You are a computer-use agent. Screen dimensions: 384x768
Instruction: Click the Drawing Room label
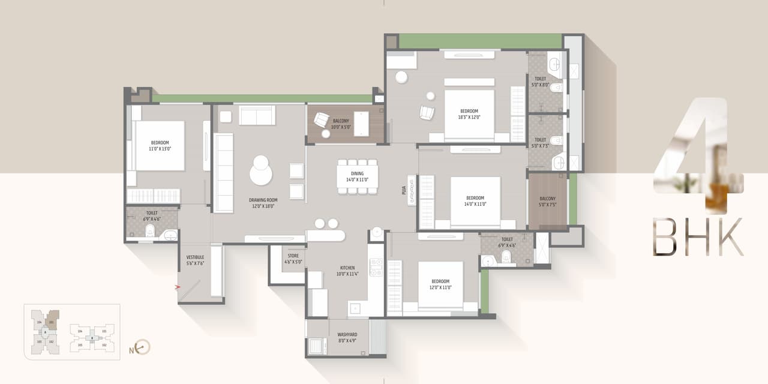[262, 203]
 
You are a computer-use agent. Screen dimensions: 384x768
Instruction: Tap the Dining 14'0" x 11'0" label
[358, 176]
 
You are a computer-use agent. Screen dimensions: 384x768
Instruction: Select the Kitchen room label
[347, 271]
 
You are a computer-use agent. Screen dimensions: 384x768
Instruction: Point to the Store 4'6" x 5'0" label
[293, 259]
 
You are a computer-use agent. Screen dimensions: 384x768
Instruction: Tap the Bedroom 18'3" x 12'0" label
[469, 114]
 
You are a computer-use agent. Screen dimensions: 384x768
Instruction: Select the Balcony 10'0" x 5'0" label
[341, 124]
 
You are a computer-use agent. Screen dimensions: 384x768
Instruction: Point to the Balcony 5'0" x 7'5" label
[547, 202]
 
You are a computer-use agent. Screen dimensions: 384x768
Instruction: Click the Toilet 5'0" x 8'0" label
[541, 82]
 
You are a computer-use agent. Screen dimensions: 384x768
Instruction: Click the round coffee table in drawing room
[261, 171]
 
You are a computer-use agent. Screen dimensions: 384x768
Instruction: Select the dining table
[358, 176]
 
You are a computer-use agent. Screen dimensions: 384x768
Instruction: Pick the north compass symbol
[142, 347]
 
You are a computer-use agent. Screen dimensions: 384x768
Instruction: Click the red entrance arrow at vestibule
[178, 287]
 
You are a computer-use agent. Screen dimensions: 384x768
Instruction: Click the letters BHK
[698, 237]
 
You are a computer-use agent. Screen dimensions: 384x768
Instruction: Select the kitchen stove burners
[376, 268]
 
